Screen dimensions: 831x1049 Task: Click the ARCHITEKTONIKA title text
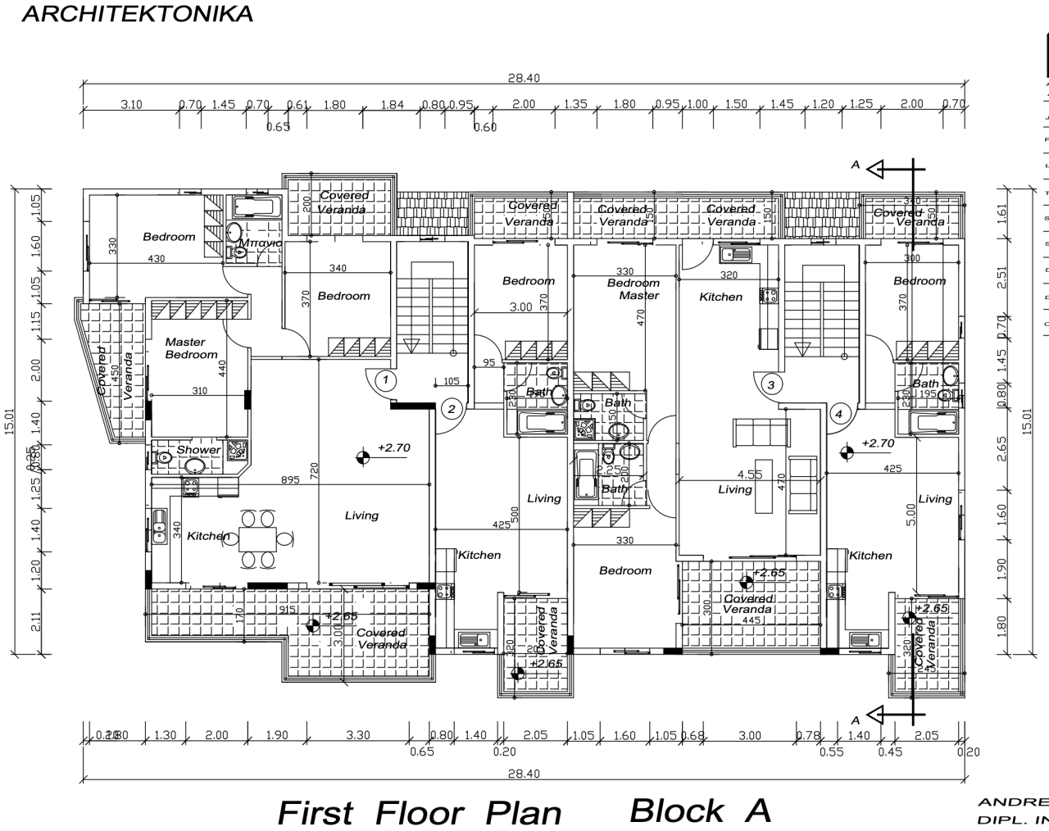point(137,14)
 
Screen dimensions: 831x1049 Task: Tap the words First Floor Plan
point(420,812)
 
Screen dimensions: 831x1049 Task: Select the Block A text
point(700,810)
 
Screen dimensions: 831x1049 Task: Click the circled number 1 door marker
point(386,379)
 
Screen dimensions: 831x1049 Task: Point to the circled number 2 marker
point(450,409)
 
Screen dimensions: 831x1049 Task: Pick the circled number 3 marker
point(770,384)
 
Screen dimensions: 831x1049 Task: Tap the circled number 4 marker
point(838,414)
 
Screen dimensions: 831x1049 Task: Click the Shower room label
point(198,450)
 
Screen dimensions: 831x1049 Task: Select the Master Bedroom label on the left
point(191,348)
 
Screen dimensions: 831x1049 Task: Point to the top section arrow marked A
point(883,169)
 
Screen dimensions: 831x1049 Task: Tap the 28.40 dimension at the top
point(524,79)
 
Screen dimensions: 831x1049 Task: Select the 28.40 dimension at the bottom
point(524,773)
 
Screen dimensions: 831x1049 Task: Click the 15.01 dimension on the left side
point(9,424)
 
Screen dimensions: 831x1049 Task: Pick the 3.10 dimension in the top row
point(131,104)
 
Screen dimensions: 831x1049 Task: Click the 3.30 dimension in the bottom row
point(358,735)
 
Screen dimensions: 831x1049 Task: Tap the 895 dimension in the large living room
point(290,480)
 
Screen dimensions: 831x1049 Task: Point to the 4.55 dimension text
point(750,474)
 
